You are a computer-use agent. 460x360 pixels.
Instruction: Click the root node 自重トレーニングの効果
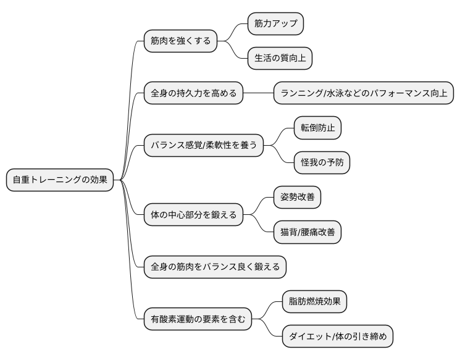point(60,180)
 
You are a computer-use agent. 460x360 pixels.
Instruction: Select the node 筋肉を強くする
point(180,41)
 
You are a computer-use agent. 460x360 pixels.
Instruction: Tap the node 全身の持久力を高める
point(193,94)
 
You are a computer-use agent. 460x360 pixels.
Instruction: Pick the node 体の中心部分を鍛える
point(193,215)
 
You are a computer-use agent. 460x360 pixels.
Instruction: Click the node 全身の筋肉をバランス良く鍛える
point(215,267)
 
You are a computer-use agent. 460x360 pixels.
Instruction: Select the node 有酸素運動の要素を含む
point(198,319)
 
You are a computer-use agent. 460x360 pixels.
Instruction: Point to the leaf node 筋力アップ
point(275,24)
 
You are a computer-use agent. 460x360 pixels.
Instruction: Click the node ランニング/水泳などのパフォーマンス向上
point(364,94)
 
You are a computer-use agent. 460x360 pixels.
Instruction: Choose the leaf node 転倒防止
point(317,128)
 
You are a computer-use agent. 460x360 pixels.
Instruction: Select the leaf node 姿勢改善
point(297,198)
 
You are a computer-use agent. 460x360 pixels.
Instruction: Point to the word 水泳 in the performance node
point(337,94)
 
